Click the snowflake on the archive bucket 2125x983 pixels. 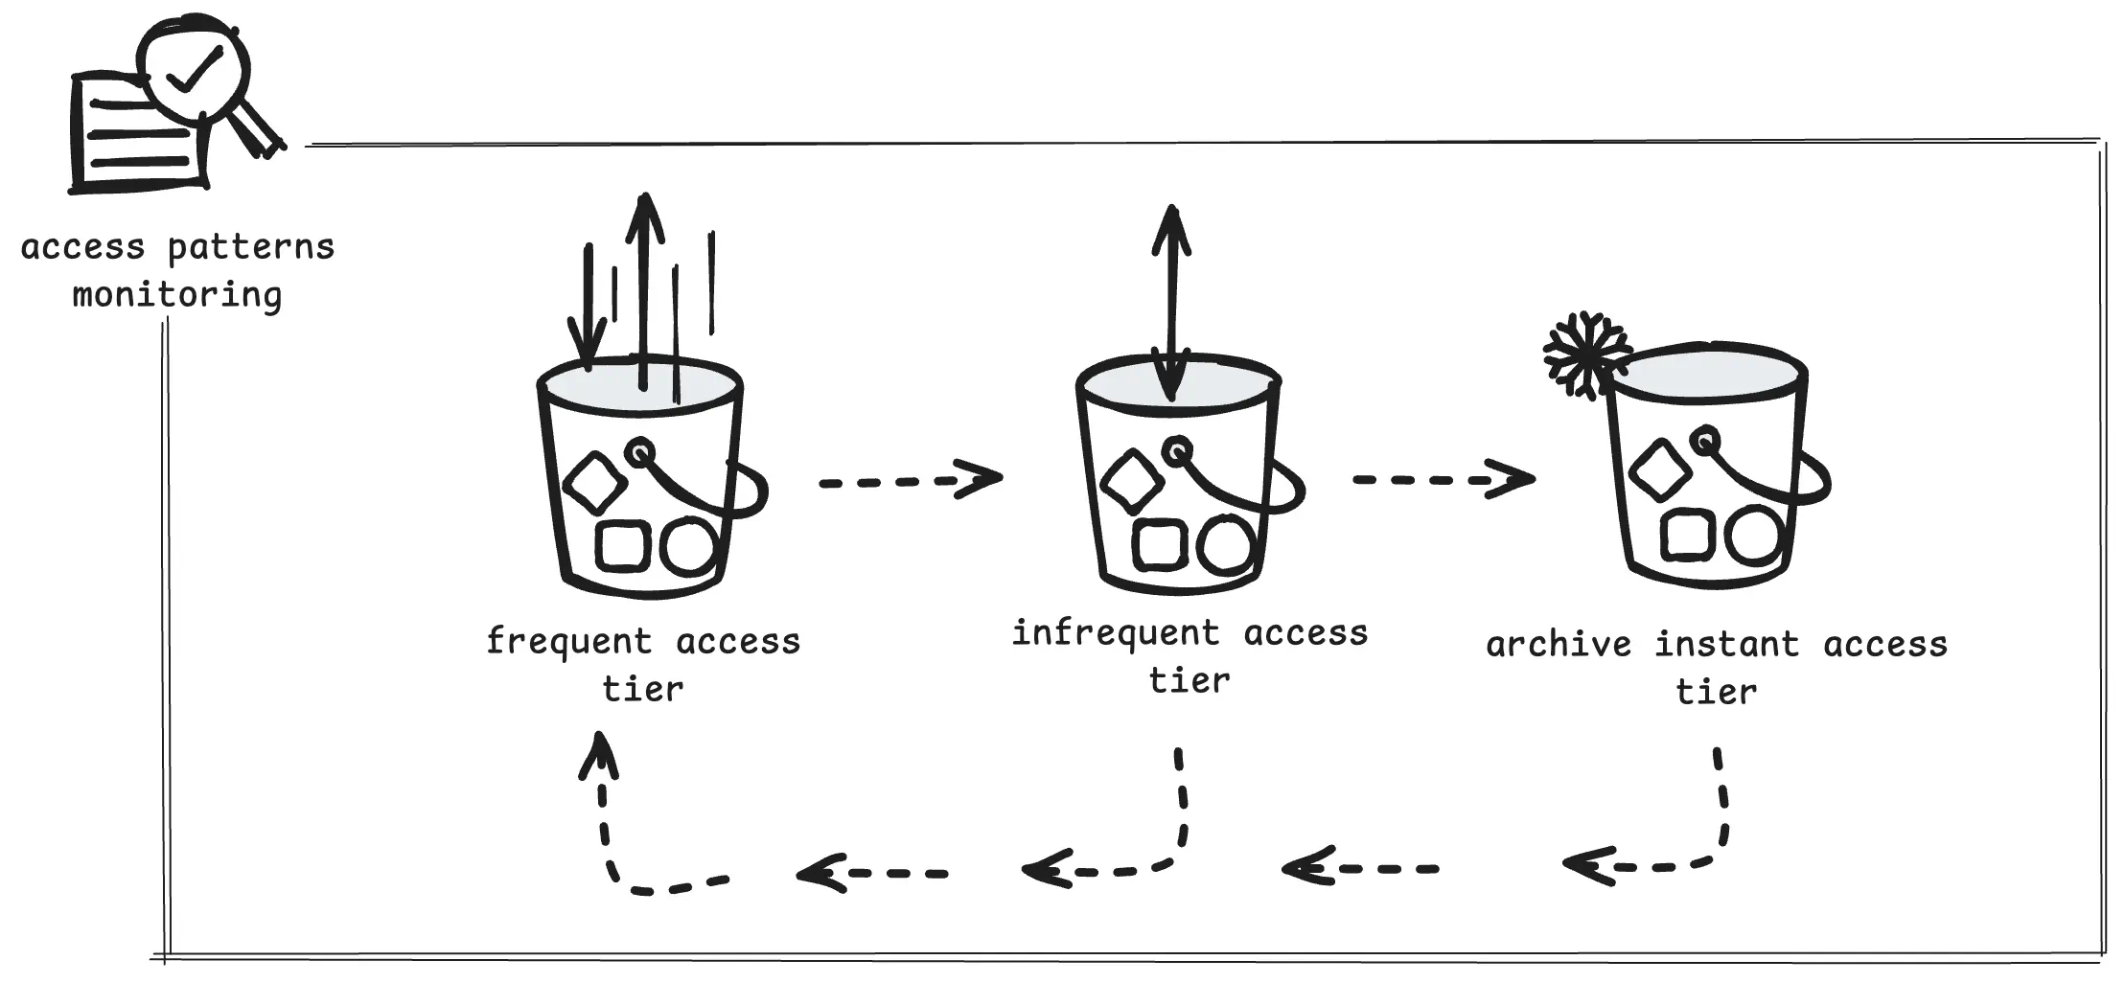1587,354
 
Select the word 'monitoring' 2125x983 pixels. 177,295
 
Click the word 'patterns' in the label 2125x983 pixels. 251,248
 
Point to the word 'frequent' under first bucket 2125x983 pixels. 568,642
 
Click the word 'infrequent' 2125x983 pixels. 1116,634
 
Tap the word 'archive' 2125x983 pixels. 1559,645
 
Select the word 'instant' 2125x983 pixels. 1726,645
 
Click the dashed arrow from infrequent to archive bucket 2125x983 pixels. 1443,478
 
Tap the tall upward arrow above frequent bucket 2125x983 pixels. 644,287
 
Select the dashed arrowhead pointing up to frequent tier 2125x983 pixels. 600,757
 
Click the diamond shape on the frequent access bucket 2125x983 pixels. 594,481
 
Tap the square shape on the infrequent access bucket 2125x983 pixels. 1158,544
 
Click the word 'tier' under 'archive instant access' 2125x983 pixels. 1716,692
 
